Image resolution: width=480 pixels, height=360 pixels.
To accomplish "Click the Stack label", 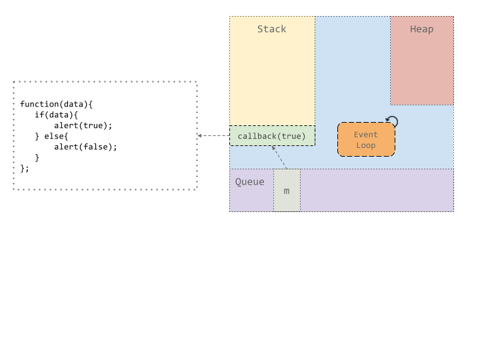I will [272, 29].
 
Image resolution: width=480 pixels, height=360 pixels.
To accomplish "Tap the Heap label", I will [421, 29].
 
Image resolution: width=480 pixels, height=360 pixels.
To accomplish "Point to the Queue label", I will [249, 182].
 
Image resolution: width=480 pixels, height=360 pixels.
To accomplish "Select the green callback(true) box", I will [272, 136].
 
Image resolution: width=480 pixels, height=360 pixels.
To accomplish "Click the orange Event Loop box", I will [366, 139].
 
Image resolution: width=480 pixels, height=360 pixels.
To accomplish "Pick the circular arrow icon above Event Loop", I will [393, 121].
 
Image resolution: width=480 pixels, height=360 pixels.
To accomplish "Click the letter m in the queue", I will [287, 191].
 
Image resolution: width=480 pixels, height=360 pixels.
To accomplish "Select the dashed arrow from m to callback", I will [280, 158].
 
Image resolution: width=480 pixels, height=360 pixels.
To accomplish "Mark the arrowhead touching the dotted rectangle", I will [199, 136].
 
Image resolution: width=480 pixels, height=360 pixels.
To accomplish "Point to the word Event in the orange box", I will [366, 135].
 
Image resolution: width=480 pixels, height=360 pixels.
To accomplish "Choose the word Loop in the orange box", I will [366, 145].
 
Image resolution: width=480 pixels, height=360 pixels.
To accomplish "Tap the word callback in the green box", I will [257, 137].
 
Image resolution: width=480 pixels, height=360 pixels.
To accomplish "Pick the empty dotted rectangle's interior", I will [105, 135].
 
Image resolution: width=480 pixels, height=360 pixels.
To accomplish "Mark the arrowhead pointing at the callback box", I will [274, 149].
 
